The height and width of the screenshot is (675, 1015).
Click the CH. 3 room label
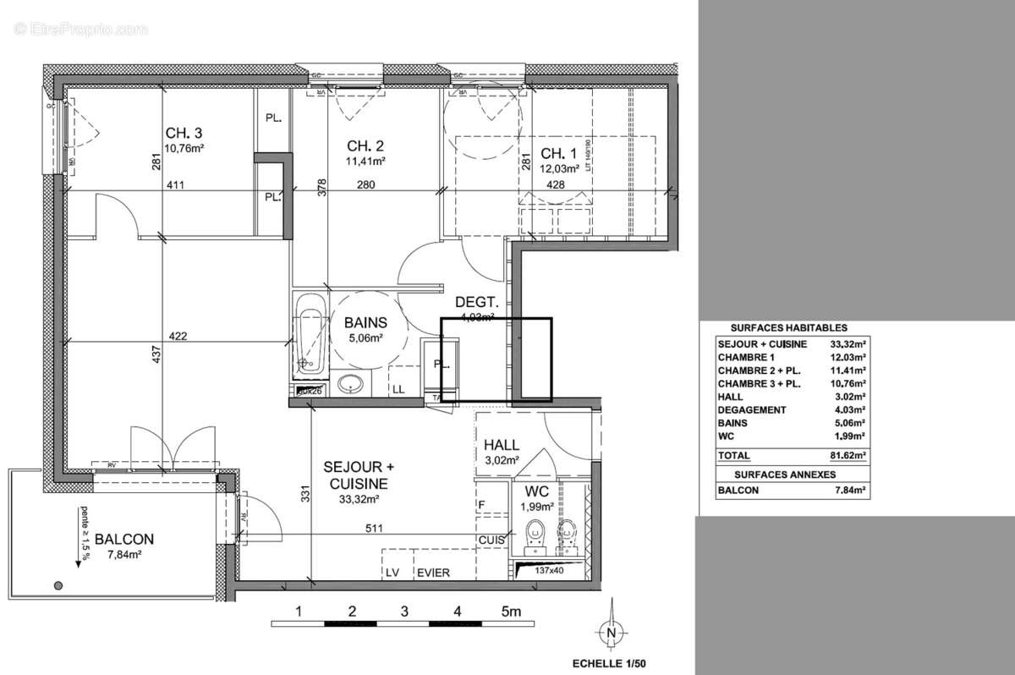pos(184,133)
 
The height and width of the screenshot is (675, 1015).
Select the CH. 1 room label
pos(558,153)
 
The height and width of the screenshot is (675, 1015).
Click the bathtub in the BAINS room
pos(310,335)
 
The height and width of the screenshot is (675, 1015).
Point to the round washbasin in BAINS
pos(351,385)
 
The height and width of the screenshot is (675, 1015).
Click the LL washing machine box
pos(397,388)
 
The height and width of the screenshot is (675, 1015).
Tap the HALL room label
pos(502,445)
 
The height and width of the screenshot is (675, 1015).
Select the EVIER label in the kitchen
pos(432,573)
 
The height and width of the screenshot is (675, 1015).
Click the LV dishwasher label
pos(392,573)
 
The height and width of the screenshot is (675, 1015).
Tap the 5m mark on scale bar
pos(512,611)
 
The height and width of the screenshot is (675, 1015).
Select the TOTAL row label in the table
pos(733,454)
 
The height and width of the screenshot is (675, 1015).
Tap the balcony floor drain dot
pos(58,584)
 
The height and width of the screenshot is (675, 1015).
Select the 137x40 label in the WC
pos(551,571)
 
